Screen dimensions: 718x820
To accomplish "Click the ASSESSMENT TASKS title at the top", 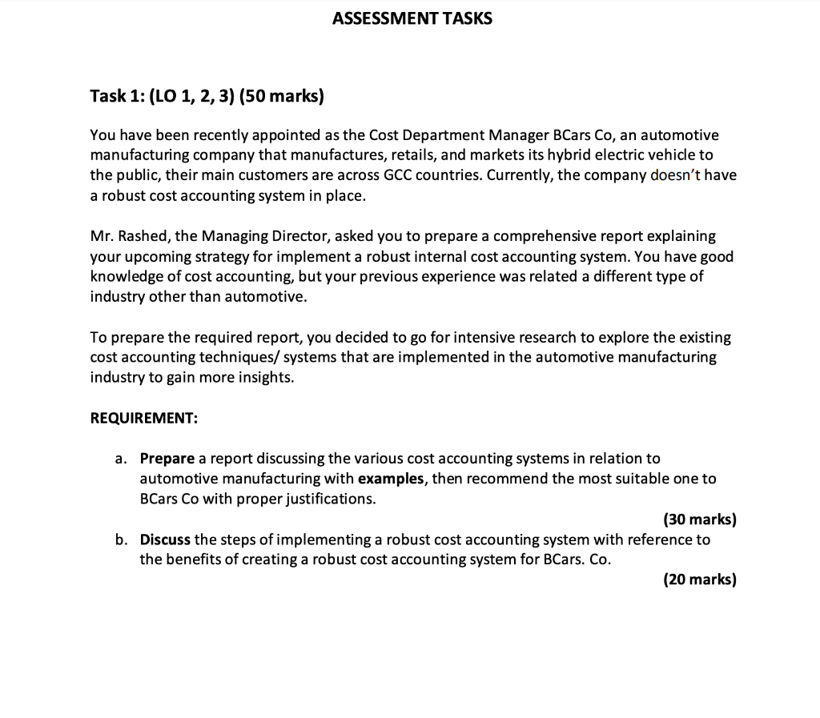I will pos(412,18).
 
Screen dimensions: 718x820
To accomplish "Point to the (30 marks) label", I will pos(699,519).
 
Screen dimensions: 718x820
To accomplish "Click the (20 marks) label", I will pos(699,580).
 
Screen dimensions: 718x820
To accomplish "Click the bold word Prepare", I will pos(167,459).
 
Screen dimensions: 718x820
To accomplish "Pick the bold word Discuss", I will pos(165,540).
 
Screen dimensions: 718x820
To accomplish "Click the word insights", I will pos(265,378).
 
